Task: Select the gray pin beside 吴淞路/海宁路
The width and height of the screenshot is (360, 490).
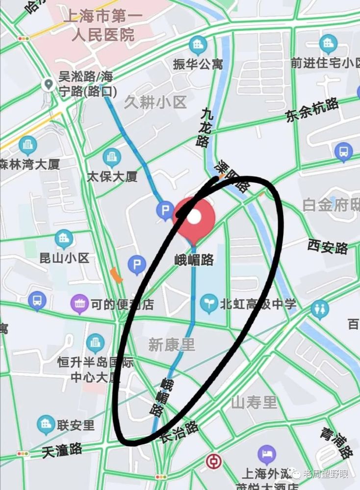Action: [49, 85]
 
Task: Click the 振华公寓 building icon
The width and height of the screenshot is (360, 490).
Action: [198, 46]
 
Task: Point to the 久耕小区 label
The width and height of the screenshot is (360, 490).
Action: [155, 102]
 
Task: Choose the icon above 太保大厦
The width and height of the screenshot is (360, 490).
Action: [112, 157]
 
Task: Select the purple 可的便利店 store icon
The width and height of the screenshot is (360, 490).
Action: [79, 304]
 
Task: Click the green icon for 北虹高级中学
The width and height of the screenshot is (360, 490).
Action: [209, 304]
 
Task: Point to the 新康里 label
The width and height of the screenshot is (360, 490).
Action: [171, 345]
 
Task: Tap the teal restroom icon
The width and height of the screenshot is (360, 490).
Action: [320, 310]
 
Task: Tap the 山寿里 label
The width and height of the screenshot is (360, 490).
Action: [254, 403]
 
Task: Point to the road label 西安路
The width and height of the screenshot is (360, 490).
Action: [328, 245]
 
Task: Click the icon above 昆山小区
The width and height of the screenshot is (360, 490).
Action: [64, 239]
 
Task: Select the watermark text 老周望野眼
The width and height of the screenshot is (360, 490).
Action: [326, 473]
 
